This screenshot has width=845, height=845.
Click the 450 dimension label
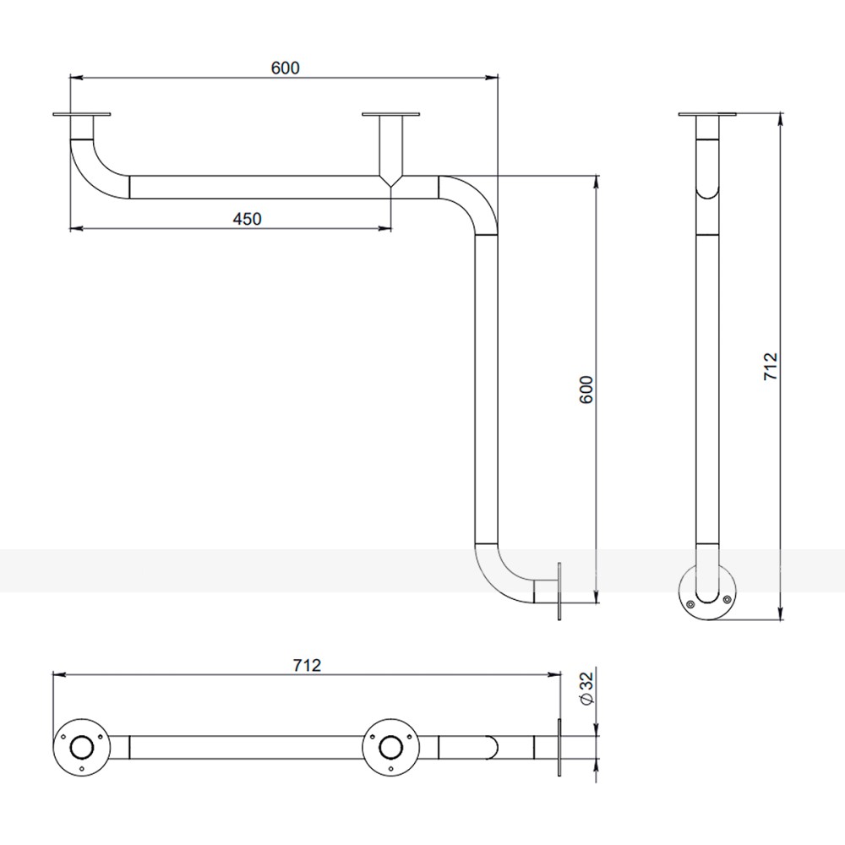(248, 219)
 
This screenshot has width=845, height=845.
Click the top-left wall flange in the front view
(82, 114)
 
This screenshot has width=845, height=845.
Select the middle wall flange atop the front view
(390, 114)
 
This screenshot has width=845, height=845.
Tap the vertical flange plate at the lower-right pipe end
(559, 591)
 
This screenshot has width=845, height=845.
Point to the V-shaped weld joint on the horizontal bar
(391, 181)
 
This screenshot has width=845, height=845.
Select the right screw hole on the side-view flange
(727, 599)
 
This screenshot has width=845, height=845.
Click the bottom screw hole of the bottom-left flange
(82, 768)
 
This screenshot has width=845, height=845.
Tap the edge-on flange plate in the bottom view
(559, 748)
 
